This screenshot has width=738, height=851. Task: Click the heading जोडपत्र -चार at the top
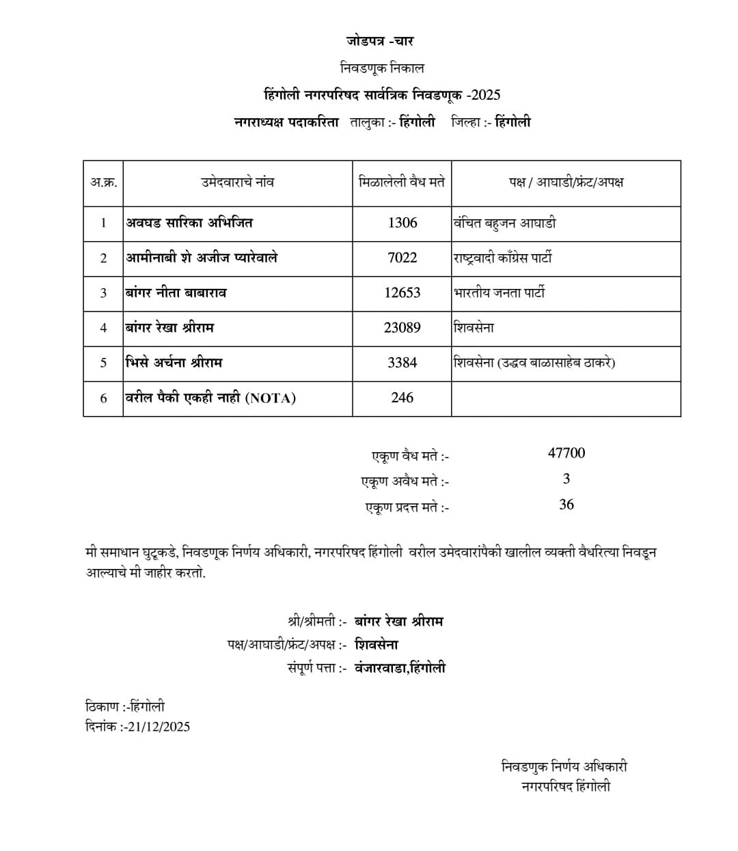(x=379, y=41)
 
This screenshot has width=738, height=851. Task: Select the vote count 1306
(x=402, y=223)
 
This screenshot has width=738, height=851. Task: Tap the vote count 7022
(x=402, y=257)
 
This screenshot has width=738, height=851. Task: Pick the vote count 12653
(x=402, y=292)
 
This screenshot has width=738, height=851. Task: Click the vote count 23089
(x=402, y=327)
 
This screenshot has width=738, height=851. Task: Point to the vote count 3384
(x=402, y=362)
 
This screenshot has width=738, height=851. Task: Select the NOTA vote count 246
(x=402, y=397)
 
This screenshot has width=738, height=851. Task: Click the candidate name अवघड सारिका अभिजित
(x=189, y=223)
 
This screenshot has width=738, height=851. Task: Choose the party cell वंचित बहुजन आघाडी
(x=504, y=223)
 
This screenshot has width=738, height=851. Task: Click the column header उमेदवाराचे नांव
(x=237, y=182)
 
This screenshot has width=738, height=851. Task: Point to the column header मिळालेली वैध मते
(x=402, y=182)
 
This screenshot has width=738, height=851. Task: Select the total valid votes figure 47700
(x=566, y=453)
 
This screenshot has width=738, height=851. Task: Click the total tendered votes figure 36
(x=566, y=505)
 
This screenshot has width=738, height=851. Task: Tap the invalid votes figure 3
(x=566, y=479)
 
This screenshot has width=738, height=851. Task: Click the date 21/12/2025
(x=159, y=727)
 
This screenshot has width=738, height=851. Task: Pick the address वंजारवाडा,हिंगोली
(x=400, y=668)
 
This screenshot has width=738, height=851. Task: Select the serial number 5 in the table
(x=104, y=363)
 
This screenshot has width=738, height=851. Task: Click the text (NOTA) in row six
(x=270, y=398)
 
